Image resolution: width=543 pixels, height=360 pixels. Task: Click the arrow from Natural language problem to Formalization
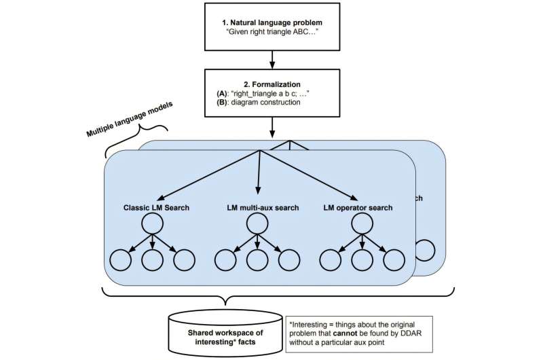pyautogui.click(x=271, y=58)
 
